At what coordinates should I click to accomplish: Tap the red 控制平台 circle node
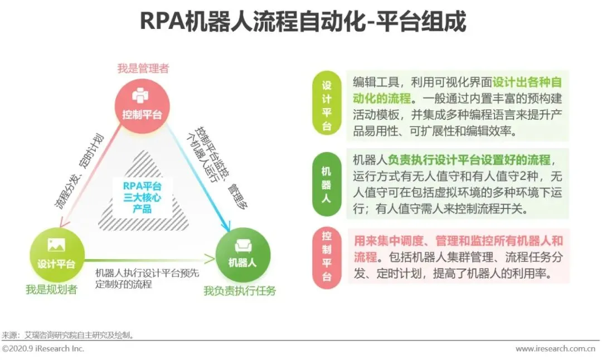point(142,105)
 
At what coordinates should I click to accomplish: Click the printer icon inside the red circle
point(140,96)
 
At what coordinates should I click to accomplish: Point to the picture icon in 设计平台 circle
point(56,245)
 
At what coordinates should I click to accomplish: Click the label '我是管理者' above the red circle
point(143,69)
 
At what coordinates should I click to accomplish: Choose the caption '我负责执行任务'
point(240,290)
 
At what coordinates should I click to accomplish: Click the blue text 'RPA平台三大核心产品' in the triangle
point(142,197)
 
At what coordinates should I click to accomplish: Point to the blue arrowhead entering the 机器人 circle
point(226,227)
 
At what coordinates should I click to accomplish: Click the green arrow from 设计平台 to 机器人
point(151,259)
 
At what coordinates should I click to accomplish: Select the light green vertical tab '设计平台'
point(327,106)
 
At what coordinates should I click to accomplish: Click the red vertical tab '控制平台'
point(327,257)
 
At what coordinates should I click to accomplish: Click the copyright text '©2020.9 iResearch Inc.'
point(43,349)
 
